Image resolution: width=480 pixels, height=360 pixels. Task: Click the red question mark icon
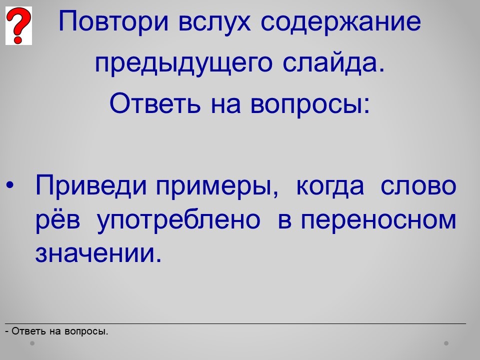coord(18,25)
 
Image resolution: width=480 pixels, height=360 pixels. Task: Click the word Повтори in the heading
coord(113,21)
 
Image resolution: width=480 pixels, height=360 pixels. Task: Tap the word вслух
coord(214,22)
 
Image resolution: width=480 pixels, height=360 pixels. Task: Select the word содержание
coord(340,22)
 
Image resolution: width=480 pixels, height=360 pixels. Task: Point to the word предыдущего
coord(183,63)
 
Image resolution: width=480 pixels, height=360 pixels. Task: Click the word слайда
coord(333,63)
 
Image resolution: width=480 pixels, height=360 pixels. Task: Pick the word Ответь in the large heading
coord(155,103)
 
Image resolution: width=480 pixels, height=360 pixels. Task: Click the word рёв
coord(58,220)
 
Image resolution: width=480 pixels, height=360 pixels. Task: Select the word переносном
coord(378,220)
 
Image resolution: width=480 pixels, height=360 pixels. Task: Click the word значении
coord(98,253)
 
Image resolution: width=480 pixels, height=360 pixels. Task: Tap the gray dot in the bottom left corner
coord(32,343)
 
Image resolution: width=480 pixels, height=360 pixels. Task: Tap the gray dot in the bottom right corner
coord(446,343)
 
